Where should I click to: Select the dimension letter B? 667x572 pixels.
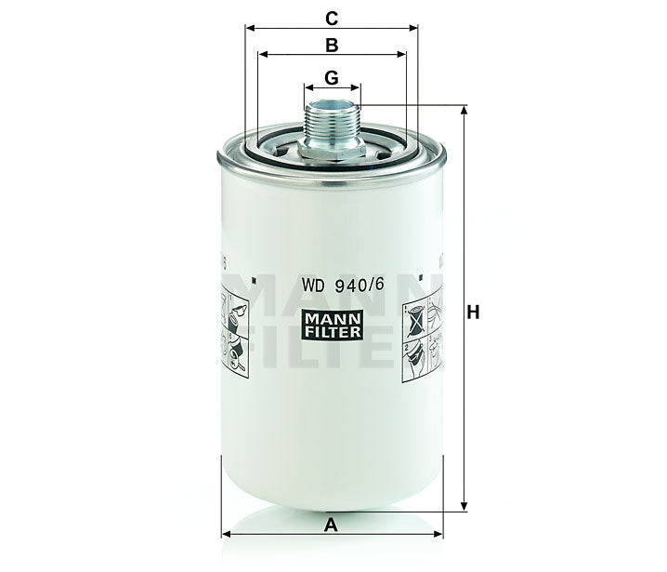[331, 44]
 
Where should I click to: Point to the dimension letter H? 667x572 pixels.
[474, 313]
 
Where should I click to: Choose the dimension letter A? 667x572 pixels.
[331, 525]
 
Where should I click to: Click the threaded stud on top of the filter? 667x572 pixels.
[332, 117]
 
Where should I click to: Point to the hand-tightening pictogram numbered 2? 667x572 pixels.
[423, 357]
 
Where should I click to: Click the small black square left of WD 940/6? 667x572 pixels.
[254, 275]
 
